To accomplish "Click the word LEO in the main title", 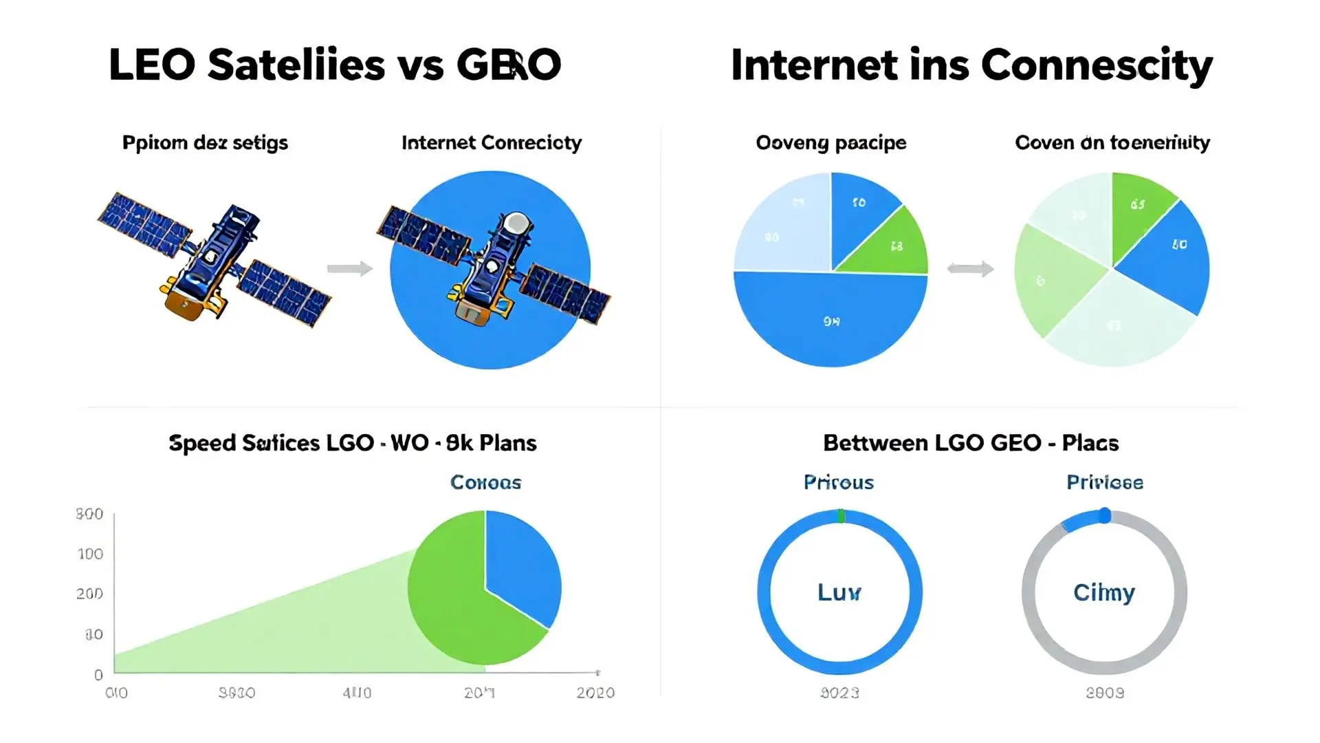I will pyautogui.click(x=152, y=65).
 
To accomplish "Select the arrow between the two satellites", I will pyautogui.click(x=349, y=268).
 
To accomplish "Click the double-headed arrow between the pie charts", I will pyautogui.click(x=970, y=268).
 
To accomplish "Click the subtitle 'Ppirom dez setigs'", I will pyautogui.click(x=205, y=143).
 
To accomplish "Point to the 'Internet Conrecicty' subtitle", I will pyautogui.click(x=491, y=143).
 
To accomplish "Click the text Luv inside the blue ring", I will pyautogui.click(x=839, y=592).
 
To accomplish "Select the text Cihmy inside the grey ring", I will pyautogui.click(x=1104, y=592).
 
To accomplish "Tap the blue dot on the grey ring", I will pyautogui.click(x=1104, y=515).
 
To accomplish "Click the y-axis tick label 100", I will pyautogui.click(x=90, y=554).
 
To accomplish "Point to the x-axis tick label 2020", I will pyautogui.click(x=595, y=693).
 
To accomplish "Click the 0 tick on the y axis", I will pyautogui.click(x=98, y=675).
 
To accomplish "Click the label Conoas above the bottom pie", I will pyautogui.click(x=485, y=482).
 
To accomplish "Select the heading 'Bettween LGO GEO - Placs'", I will pyautogui.click(x=971, y=443).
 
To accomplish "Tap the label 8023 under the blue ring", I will pyautogui.click(x=839, y=693).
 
